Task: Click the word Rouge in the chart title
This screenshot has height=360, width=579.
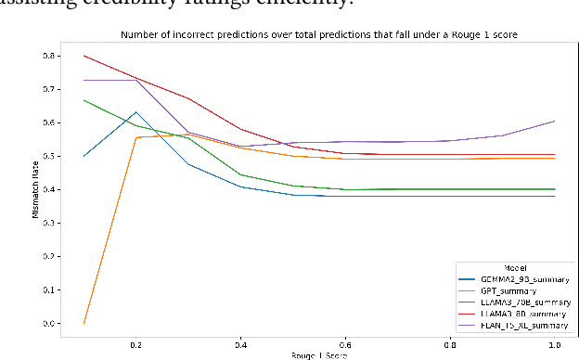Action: point(447,34)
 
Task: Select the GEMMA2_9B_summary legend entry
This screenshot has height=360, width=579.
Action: point(497,278)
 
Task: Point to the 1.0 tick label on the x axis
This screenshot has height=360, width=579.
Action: point(555,343)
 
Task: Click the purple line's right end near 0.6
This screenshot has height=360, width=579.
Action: point(555,121)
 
